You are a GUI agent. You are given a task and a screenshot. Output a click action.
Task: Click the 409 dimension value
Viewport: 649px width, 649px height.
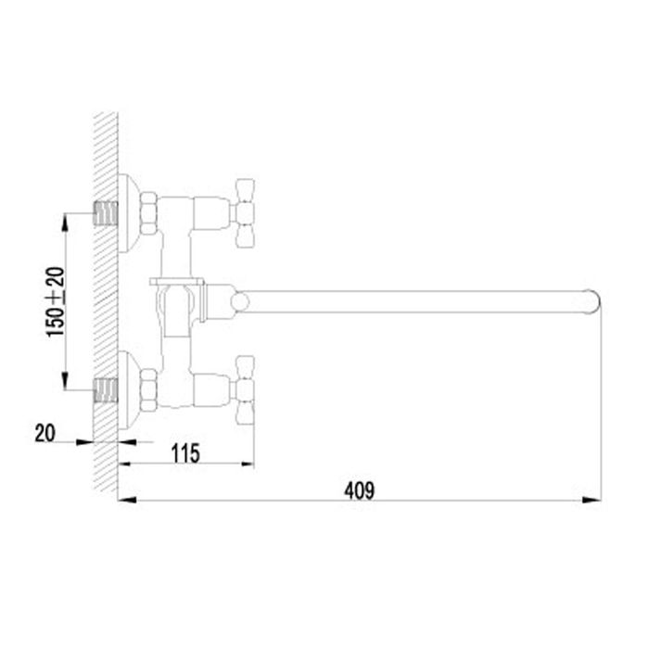coord(360,490)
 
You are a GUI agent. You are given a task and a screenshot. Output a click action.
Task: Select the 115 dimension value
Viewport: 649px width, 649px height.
coord(185,452)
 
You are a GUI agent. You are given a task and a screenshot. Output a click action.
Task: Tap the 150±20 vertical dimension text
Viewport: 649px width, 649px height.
coord(56,301)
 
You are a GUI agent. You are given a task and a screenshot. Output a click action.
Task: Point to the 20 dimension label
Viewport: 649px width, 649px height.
coord(45,433)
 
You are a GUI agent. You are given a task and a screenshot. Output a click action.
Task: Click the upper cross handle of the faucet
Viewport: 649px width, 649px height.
coord(244,213)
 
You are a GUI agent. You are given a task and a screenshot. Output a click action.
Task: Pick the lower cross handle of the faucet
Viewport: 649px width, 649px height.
coord(244,390)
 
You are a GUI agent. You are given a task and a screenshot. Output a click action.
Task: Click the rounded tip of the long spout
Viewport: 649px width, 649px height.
coord(592,301)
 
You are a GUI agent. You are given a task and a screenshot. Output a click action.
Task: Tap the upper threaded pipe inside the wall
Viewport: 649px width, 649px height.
coord(106,213)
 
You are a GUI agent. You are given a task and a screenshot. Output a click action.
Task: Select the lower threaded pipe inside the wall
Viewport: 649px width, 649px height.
coord(106,390)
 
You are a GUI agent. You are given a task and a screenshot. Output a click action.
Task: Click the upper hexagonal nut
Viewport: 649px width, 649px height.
coord(148,213)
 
